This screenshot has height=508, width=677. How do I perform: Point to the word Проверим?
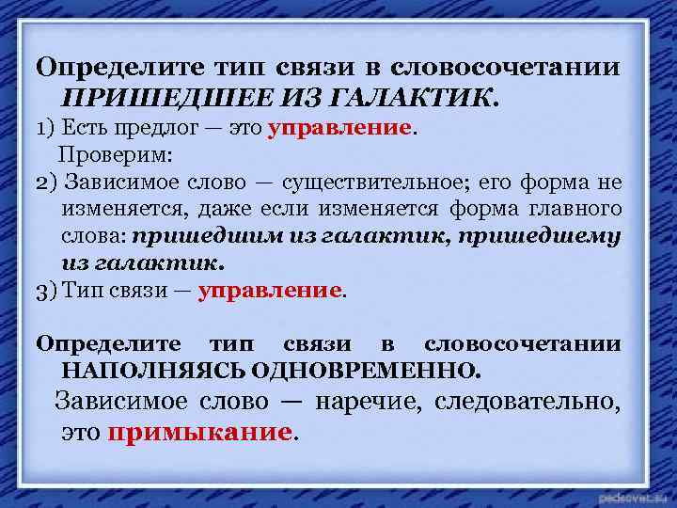coord(103,152)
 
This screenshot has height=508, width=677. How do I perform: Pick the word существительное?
coord(393,181)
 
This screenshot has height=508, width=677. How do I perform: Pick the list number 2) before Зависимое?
coord(45,181)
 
